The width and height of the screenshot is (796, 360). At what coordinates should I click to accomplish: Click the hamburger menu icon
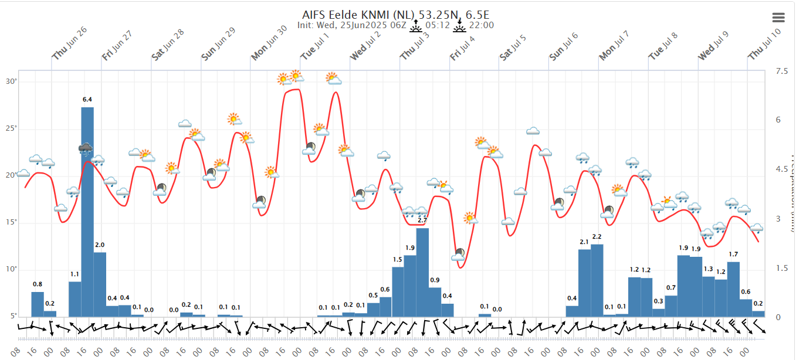pos(779,18)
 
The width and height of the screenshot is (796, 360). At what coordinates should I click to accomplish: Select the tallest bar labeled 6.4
pos(87,211)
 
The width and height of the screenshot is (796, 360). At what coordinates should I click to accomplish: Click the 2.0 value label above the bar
pos(100,245)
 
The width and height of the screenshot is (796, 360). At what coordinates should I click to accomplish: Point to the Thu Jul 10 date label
pos(765,45)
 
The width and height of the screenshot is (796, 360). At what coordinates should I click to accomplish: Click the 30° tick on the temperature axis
pos(11,81)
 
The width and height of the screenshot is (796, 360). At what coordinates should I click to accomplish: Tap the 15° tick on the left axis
pos(11,222)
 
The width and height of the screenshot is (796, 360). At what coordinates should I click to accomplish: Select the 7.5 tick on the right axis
pos(781,71)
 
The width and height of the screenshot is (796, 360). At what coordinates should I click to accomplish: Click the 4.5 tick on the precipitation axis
pos(781,169)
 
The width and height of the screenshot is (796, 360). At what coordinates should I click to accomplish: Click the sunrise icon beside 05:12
pos(416,25)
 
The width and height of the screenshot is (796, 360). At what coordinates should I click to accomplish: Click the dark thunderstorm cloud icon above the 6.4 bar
pos(86,148)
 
